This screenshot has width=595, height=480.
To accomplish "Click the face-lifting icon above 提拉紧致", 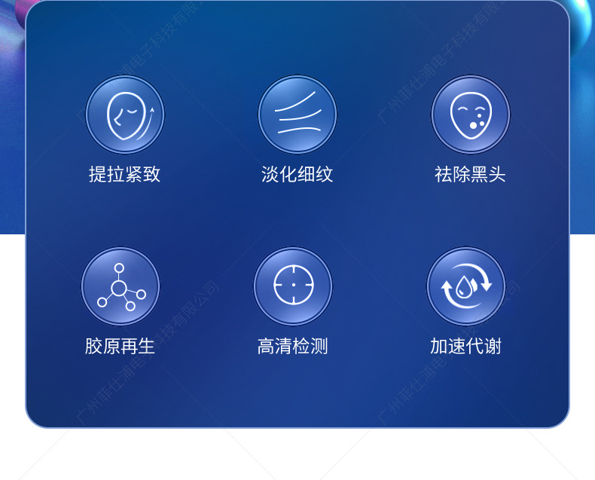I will tap(124, 115).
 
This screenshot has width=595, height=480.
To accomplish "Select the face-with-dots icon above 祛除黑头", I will tap(470, 115).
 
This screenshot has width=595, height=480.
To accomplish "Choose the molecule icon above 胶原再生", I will tap(121, 287).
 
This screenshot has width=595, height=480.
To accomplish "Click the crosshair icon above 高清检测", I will tap(293, 286).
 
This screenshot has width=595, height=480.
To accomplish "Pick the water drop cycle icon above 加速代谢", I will tap(465, 286).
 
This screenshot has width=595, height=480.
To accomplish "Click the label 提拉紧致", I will tap(124, 175).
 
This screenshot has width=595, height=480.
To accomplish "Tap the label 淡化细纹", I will tap(297, 175).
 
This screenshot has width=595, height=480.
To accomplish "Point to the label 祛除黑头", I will tap(470, 175).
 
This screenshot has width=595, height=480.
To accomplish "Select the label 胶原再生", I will tap(121, 347).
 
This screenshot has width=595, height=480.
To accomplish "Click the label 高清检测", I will tap(293, 347).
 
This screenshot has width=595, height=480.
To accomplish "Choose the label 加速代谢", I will tap(465, 347).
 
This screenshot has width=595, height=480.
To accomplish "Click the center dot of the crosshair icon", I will tap(293, 286).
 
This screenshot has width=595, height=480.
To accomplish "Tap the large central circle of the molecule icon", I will tap(118, 288).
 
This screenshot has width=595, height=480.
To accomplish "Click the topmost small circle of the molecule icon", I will tap(119, 268).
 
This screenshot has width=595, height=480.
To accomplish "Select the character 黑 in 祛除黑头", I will tap(479, 175).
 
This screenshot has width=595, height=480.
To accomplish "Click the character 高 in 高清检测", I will tap(266, 347).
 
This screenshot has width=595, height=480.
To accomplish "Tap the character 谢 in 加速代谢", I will tap(493, 347).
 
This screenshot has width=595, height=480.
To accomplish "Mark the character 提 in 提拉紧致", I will tap(98, 175).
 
